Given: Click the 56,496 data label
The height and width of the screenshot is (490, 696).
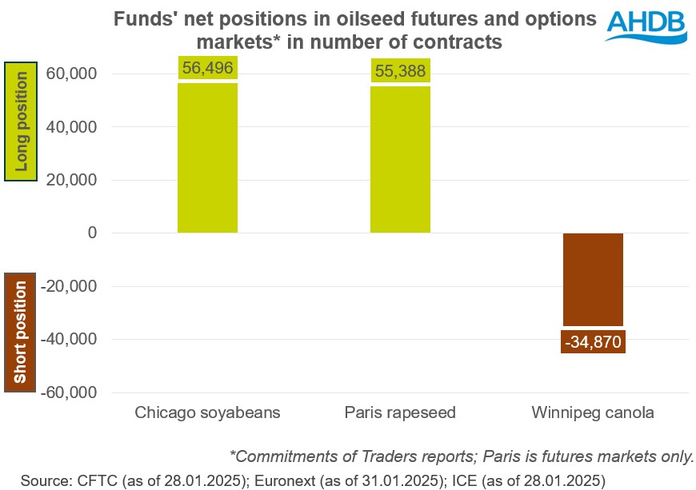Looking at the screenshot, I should [207, 69].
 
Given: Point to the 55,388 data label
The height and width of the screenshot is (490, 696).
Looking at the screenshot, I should [400, 70].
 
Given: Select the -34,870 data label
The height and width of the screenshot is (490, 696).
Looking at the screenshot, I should [593, 341].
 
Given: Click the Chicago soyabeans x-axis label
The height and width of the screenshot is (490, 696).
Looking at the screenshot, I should [207, 413].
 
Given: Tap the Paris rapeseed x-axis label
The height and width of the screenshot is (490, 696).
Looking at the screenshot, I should [400, 413].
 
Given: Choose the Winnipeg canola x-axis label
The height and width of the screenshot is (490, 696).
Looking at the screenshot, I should [593, 413].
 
